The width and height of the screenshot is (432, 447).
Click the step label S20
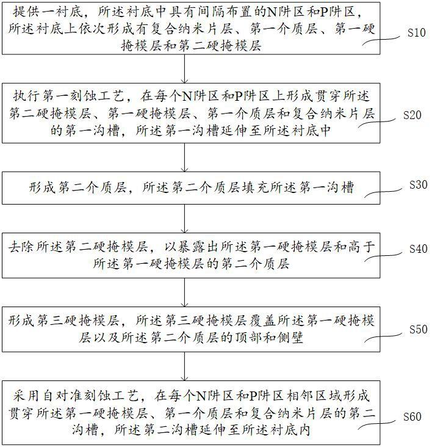coord(416,115)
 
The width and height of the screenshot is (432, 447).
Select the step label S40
coord(416,250)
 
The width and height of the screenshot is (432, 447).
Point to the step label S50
coord(416,330)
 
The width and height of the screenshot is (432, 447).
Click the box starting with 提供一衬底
coord(186,28)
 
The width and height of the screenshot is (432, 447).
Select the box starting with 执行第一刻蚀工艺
coord(186,114)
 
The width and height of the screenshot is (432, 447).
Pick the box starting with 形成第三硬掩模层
coord(186,329)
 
